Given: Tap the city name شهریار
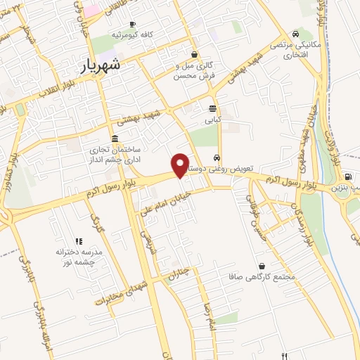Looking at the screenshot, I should click(x=96, y=65).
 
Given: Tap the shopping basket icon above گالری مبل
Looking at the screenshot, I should click(x=195, y=54).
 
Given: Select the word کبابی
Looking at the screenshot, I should click(x=212, y=120).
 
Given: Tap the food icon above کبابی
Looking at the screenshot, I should click(x=212, y=108).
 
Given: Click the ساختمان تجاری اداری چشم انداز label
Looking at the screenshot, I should click(x=116, y=155).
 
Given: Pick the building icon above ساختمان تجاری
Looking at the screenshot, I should click(x=115, y=138).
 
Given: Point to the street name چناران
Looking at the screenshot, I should click(x=179, y=273).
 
